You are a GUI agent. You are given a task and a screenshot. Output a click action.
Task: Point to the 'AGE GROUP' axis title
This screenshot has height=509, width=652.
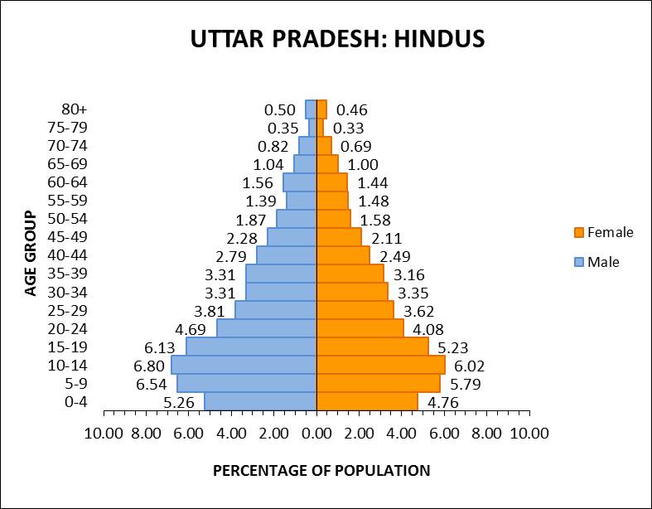point(31,254)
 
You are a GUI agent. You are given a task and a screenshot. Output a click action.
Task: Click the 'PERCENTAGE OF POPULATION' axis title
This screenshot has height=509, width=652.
point(321,471)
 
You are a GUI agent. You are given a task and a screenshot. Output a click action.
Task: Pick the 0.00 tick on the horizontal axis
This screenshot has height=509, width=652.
point(316,433)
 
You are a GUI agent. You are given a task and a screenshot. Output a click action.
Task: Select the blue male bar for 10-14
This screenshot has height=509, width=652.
point(244,365)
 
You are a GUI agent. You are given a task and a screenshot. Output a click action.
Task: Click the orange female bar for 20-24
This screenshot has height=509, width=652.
point(360,328)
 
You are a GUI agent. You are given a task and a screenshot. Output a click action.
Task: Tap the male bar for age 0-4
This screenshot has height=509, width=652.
point(260,401)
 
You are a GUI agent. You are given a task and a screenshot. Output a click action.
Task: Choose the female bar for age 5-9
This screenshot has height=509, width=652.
point(378,383)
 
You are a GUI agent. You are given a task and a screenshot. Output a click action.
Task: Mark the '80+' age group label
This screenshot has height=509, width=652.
point(74,109)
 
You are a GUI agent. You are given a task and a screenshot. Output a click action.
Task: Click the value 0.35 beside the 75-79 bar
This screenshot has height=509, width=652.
point(283,128)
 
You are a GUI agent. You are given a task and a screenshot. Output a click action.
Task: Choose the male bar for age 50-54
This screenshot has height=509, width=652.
point(297,219)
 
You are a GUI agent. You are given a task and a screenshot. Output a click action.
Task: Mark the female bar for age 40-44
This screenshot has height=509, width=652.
point(343,255)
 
